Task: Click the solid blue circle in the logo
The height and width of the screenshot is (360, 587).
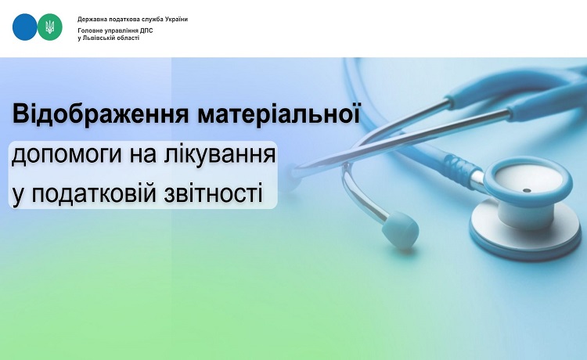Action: pos(25,27)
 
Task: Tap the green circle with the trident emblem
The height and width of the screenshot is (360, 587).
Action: pos(50,27)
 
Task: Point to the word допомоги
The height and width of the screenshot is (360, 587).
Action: pos(67,155)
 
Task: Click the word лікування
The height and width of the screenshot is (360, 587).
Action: pos(220,153)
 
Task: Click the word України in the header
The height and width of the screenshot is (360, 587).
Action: pos(176,19)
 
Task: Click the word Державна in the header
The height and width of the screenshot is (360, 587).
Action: pos(91,20)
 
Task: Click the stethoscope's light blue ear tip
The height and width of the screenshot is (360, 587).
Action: pos(401,229)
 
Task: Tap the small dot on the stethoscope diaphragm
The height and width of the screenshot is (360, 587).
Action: pos(527,190)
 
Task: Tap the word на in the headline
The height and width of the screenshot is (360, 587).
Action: pos(143,155)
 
